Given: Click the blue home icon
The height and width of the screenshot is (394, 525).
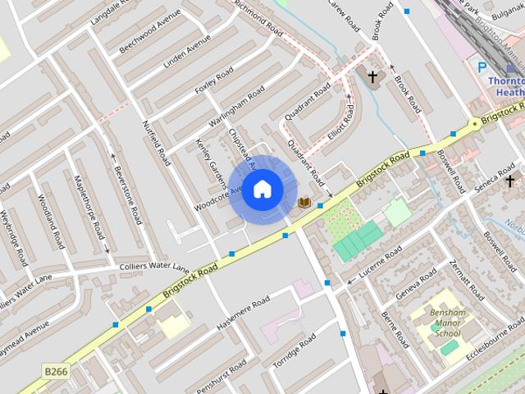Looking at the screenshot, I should [262, 190].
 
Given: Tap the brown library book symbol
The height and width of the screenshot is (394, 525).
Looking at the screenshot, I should [304, 202].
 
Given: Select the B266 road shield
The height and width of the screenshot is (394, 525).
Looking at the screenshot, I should [56, 372].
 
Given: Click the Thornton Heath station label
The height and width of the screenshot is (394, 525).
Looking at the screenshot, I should [504, 86].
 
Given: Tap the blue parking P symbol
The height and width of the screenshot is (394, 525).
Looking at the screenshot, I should [482, 68].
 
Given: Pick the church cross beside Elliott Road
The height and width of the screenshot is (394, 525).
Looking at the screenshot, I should [372, 76].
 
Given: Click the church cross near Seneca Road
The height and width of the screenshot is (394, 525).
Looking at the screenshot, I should [509, 180].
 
